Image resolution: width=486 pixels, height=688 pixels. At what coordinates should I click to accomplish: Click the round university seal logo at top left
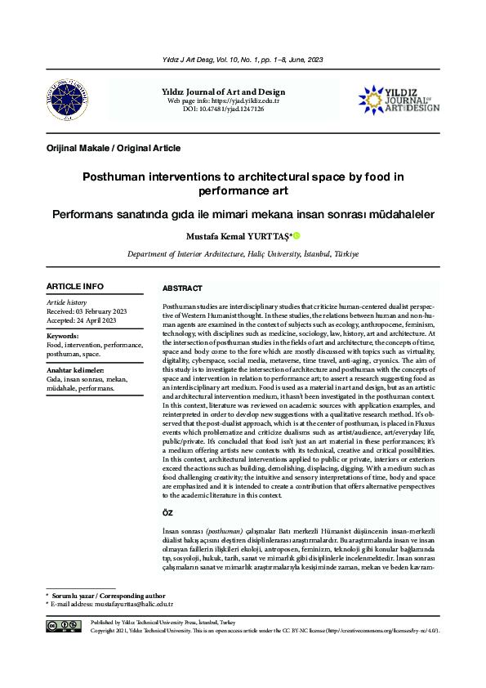pyautogui.click(x=62, y=101)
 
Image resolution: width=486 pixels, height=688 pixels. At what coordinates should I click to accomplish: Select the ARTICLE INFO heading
pyautogui.click(x=75, y=287)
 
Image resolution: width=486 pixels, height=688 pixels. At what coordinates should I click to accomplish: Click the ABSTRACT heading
pyautogui.click(x=182, y=288)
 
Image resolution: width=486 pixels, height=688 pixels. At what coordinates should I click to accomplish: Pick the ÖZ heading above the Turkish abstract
pyautogui.click(x=168, y=512)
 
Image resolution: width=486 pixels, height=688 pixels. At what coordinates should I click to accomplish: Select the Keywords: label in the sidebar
pyautogui.click(x=63, y=336)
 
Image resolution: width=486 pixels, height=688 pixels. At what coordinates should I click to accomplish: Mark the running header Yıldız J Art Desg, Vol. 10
pyautogui.click(x=243, y=60)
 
